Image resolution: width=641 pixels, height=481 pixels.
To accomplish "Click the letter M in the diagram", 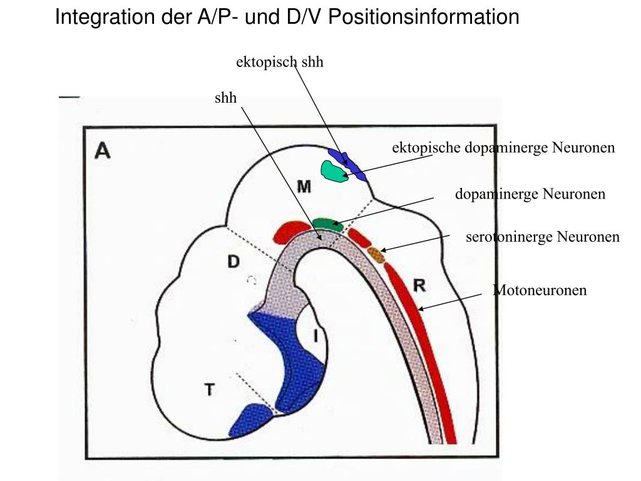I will tap(303, 187).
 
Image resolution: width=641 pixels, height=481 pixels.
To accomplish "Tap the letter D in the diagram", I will tap(233, 262).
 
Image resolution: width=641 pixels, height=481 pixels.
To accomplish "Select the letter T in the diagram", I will tap(210, 390).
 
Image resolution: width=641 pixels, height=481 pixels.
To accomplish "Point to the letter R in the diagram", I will tap(419, 286).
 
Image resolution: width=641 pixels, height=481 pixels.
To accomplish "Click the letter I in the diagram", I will tap(315, 336).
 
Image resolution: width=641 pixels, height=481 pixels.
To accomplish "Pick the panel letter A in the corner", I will tap(102, 150).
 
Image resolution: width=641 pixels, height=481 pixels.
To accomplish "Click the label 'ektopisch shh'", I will tap(279, 62).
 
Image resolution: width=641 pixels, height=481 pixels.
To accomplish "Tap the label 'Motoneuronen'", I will tap(540, 290).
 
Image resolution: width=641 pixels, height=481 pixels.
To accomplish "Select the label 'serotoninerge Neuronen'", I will tap(542, 237).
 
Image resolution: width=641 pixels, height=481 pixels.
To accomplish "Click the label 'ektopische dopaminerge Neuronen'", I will tap(503, 148).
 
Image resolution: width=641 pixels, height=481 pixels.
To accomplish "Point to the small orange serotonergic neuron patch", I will tap(376, 254).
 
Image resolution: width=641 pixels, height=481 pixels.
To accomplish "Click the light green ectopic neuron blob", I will tap(333, 170).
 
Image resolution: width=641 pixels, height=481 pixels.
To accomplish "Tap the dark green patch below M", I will tap(327, 224).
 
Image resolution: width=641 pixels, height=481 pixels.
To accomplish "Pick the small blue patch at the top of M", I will tap(347, 164).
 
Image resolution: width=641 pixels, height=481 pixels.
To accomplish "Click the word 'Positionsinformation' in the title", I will tap(424, 17).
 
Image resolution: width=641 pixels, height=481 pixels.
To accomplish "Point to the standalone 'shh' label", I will tap(225, 98).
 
